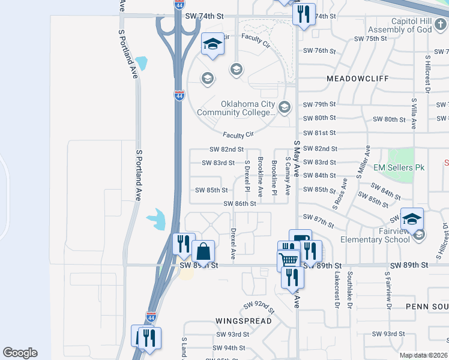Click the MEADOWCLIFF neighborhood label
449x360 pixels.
coord(358,79)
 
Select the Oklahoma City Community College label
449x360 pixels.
coord(248,107)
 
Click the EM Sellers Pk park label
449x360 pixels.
coord(399,167)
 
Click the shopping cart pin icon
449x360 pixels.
coord(289,260)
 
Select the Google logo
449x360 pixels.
coord(20,353)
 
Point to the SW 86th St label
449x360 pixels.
coord(240,203)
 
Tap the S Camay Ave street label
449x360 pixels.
coord(288,176)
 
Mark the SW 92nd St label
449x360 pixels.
coord(259,308)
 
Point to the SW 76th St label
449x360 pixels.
coord(319,50)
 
